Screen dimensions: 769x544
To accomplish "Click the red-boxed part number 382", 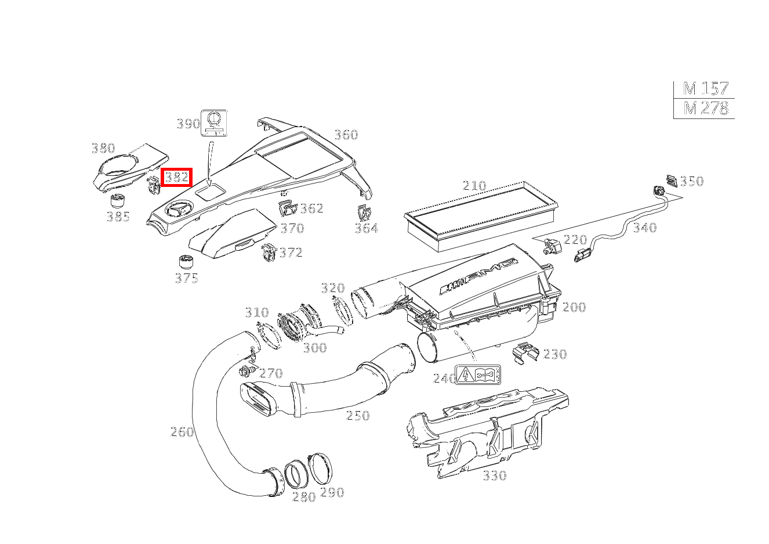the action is pos(176,177).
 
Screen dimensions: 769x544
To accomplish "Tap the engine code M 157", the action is pos(705,89).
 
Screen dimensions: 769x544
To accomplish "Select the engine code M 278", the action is pos(706,109).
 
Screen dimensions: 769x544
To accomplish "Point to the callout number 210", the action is pos(474,186).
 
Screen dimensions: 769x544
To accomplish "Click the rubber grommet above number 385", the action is pos(118,201).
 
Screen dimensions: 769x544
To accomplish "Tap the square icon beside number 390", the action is pos(215,123).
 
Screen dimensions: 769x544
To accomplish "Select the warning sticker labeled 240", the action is pos(478,375).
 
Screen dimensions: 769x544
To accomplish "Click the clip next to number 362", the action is pos(287,208).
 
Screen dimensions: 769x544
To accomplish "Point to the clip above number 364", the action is pos(364,214).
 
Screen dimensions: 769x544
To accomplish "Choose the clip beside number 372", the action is pos(269,252).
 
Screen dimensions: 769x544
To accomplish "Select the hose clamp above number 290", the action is pos(320,469).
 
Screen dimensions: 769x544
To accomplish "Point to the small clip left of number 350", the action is pos(671,181).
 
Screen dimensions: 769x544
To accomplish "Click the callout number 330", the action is pos(495,476).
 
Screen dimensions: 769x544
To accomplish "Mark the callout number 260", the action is pos(182,432).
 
